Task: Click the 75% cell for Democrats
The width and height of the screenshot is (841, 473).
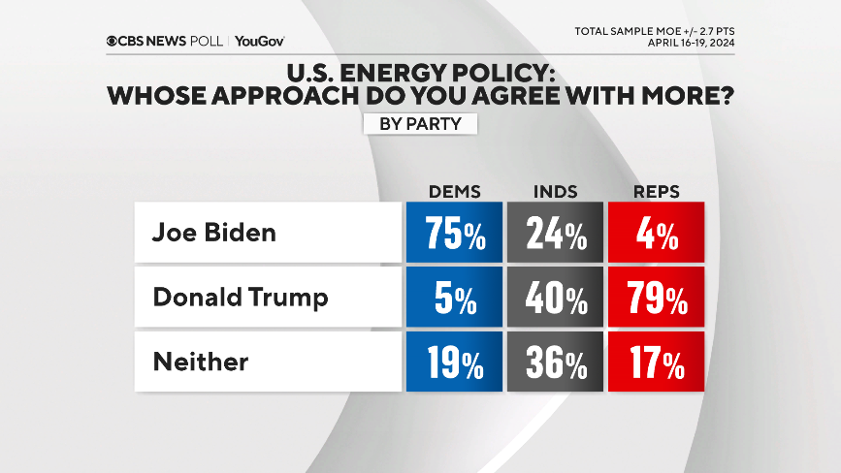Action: pos(454,234)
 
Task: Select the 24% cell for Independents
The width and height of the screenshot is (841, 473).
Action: pos(555,234)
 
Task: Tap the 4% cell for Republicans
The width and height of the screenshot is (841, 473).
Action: pos(656,234)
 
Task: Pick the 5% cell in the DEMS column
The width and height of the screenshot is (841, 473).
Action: pos(454,298)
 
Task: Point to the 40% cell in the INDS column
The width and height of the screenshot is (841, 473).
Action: pos(555,298)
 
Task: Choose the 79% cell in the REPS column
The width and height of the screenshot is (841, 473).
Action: pos(656,298)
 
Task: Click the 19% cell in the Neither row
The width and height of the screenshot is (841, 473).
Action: pos(454,363)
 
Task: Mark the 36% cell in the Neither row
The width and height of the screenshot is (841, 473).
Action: pos(555,363)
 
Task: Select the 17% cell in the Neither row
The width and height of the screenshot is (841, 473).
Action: pos(656,363)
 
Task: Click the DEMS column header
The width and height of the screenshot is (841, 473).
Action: pos(454,191)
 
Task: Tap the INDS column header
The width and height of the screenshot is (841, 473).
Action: pos(555,191)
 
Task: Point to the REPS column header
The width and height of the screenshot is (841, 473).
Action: pos(656,191)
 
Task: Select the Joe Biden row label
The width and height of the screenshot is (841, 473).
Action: pos(214,234)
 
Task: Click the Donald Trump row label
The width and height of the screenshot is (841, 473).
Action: pos(241,298)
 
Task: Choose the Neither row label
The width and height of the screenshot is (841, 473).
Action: pos(201,363)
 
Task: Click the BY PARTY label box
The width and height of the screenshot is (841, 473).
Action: pos(420,124)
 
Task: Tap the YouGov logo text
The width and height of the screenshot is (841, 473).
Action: pos(260,41)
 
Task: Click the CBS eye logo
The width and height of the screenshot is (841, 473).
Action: pos(113,41)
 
